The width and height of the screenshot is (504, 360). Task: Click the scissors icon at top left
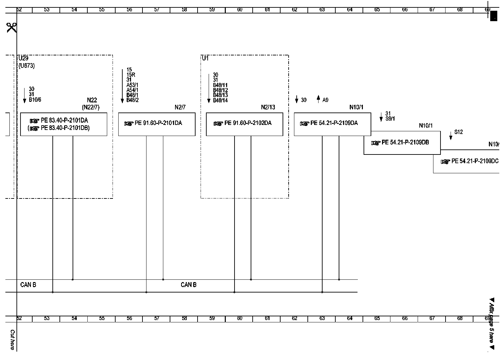(x=11, y=28)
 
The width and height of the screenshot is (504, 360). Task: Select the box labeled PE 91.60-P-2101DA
(x=157, y=124)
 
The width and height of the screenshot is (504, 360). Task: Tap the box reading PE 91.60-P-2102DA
(x=244, y=124)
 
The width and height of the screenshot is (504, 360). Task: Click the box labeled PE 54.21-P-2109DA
(x=332, y=124)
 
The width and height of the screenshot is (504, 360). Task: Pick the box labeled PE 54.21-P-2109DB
(x=402, y=143)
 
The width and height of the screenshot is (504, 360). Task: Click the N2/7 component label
(x=180, y=107)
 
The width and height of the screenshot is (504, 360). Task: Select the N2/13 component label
(x=268, y=107)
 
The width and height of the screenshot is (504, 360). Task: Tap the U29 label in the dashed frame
(x=24, y=58)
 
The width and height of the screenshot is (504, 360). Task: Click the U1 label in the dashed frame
(x=205, y=58)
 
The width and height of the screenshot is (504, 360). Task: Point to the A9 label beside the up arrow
(x=325, y=100)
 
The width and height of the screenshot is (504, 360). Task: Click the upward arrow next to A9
(x=318, y=99)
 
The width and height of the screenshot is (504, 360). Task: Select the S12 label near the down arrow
(x=458, y=132)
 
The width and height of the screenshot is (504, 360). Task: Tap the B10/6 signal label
(x=35, y=100)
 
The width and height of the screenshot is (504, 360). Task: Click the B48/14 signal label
(x=220, y=100)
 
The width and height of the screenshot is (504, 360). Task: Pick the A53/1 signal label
(x=132, y=85)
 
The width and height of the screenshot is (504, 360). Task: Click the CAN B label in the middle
(x=188, y=285)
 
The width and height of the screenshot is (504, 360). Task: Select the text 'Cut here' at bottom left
(x=12, y=340)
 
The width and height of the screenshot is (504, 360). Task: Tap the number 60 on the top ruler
(x=240, y=10)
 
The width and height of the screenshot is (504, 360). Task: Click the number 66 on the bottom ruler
(x=405, y=318)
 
